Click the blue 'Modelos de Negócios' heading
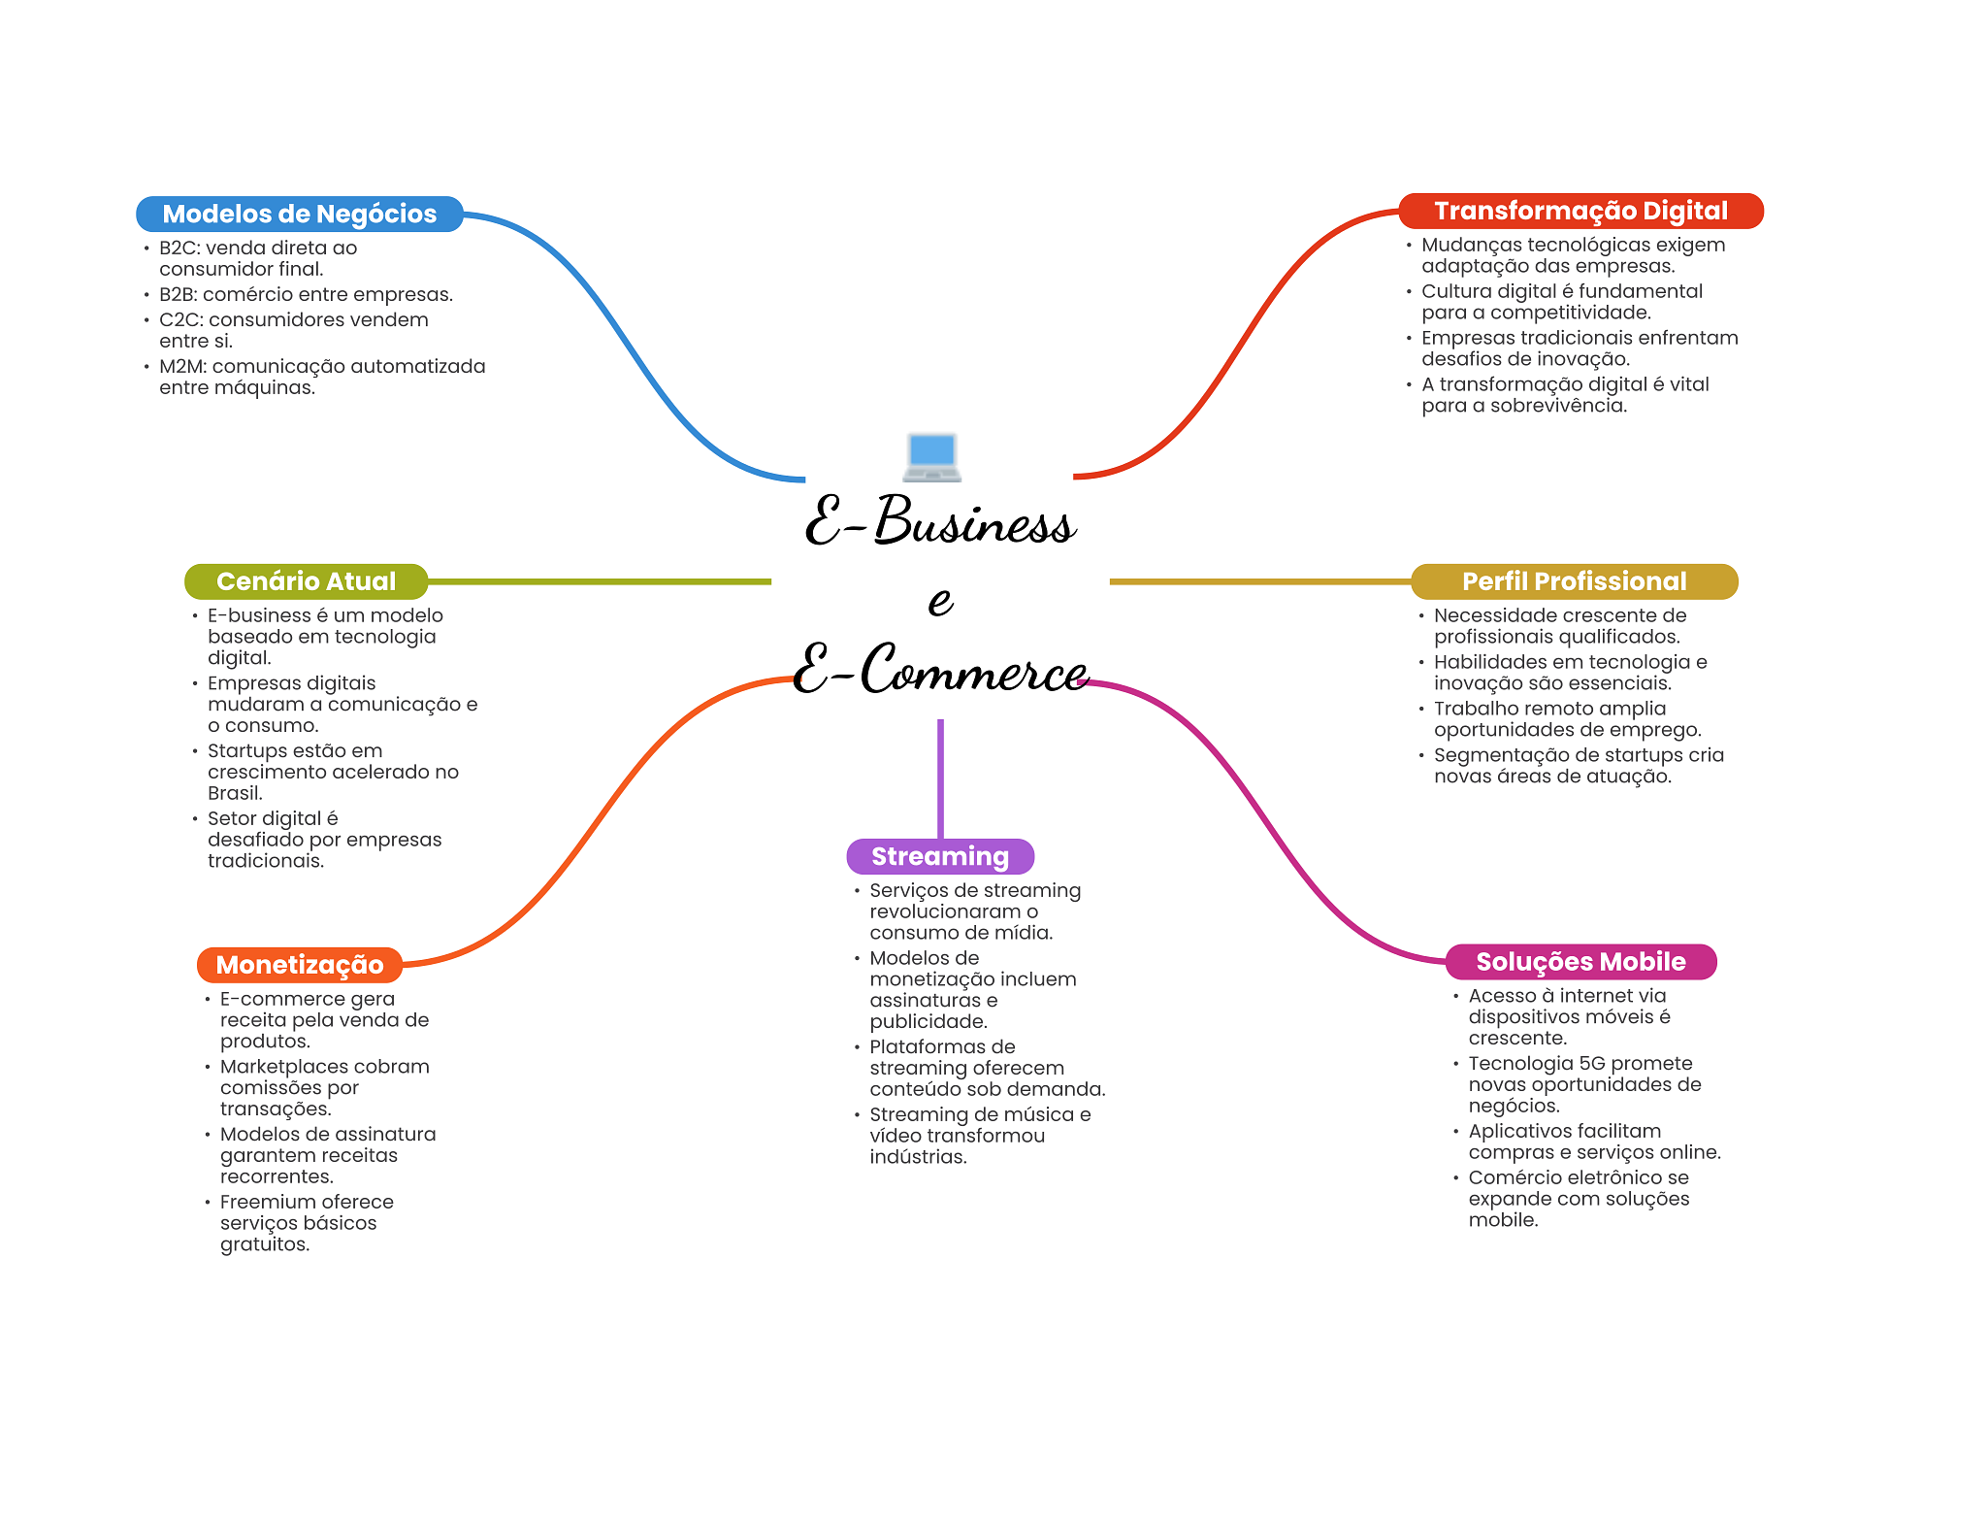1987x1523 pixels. [300, 214]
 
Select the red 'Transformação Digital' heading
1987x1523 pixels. [1580, 211]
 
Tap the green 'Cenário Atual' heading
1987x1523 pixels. [306, 581]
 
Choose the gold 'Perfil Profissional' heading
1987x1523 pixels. [1574, 581]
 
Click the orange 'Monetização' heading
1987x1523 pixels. [300, 965]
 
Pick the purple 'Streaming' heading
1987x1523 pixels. [940, 856]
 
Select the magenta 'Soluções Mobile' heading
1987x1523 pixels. [1580, 962]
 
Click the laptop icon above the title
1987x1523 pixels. [932, 457]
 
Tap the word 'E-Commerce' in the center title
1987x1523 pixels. [940, 670]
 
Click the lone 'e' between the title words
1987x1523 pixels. [940, 601]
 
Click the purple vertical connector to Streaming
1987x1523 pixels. [940, 778]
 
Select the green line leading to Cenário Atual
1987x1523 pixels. [600, 581]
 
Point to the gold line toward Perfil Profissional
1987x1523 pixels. [1260, 581]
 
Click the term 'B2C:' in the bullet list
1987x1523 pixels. [180, 248]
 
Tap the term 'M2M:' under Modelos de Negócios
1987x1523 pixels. [183, 366]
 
